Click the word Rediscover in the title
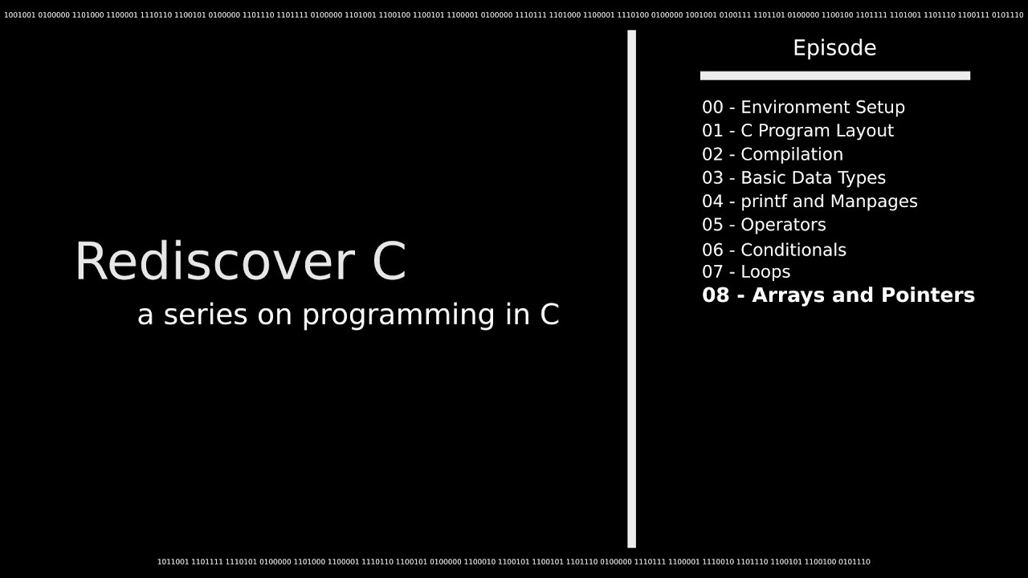point(213,263)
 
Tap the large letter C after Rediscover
point(390,263)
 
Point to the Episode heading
point(834,48)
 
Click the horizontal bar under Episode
point(834,75)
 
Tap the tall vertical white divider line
point(631,289)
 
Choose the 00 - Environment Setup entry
point(803,108)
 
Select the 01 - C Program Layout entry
point(798,131)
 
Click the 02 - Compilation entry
point(773,154)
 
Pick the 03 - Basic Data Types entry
point(793,177)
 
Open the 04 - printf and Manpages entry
point(810,201)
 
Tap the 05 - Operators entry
point(764,225)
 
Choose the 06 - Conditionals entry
point(774,250)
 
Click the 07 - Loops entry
point(746,272)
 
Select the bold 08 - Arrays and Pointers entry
point(838,295)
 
